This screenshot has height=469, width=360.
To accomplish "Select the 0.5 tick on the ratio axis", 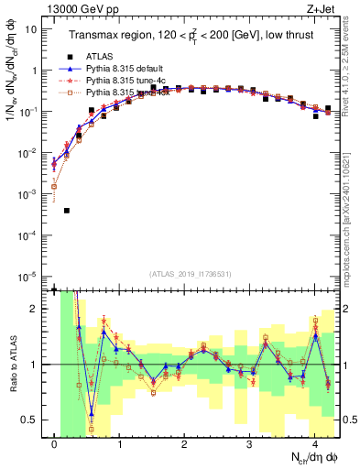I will (29, 420).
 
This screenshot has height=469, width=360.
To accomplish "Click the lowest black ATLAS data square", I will (67, 211).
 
